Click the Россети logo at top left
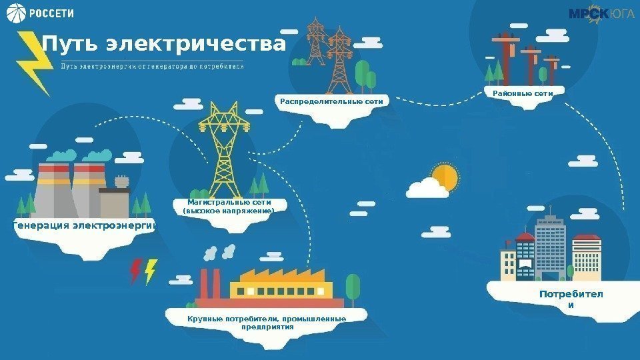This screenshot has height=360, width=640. coord(41,13)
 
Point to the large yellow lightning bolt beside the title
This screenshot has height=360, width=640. coord(33,63)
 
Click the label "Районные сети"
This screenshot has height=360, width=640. coord(523,94)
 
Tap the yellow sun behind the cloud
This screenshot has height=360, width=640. coord(445,177)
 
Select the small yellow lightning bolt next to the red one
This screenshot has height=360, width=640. coord(151,271)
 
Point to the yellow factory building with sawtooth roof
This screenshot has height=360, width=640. coord(281,285)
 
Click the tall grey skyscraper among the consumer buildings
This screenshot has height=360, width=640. coord(551,243)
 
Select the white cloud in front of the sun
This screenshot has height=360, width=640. coord(427,189)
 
